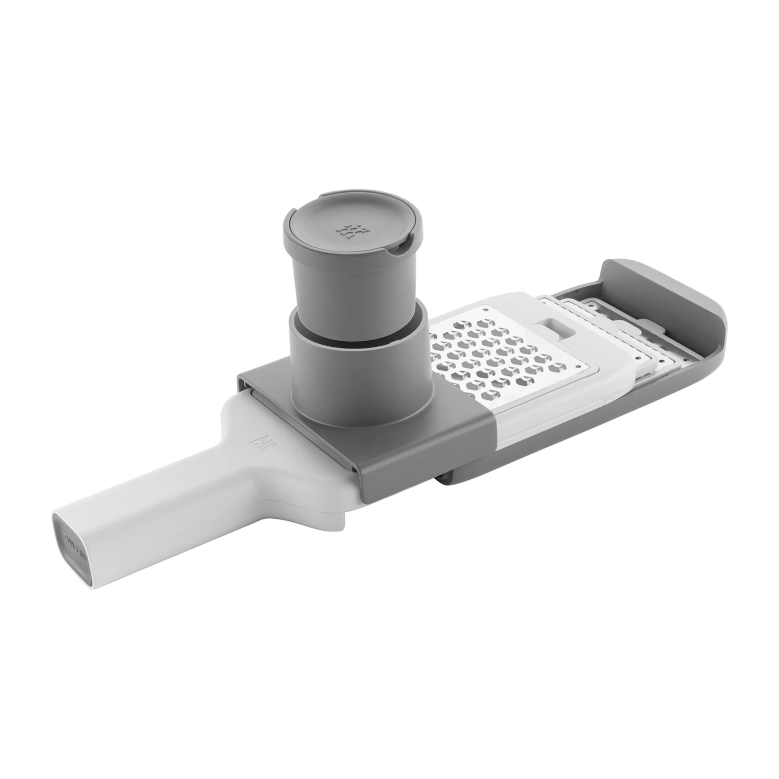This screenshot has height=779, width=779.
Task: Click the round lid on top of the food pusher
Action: (345, 229)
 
